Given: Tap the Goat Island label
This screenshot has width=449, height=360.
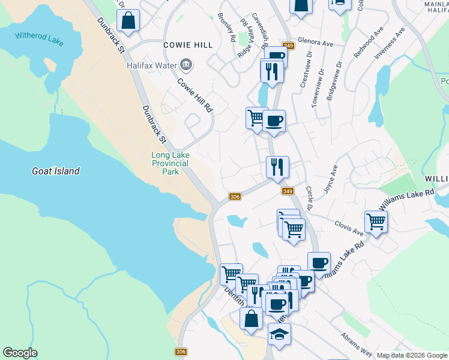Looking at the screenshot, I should pyautogui.click(x=55, y=171).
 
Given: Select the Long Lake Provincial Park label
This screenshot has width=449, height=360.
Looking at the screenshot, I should pyautogui.click(x=170, y=163).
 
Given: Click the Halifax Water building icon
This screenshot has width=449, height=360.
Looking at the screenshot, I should pyautogui.click(x=186, y=65).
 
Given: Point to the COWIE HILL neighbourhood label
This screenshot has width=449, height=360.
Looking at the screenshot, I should pyautogui.click(x=188, y=45).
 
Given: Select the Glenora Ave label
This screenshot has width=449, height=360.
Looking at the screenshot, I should pyautogui.click(x=315, y=44).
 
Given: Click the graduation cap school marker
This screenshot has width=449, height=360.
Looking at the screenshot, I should pyautogui.click(x=279, y=334).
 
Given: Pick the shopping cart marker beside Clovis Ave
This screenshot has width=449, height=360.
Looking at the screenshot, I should pyautogui.click(x=376, y=221).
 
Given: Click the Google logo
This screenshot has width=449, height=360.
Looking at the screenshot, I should pyautogui.click(x=20, y=353).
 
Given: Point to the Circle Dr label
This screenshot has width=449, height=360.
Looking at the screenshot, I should pyautogui.click(x=310, y=198).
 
